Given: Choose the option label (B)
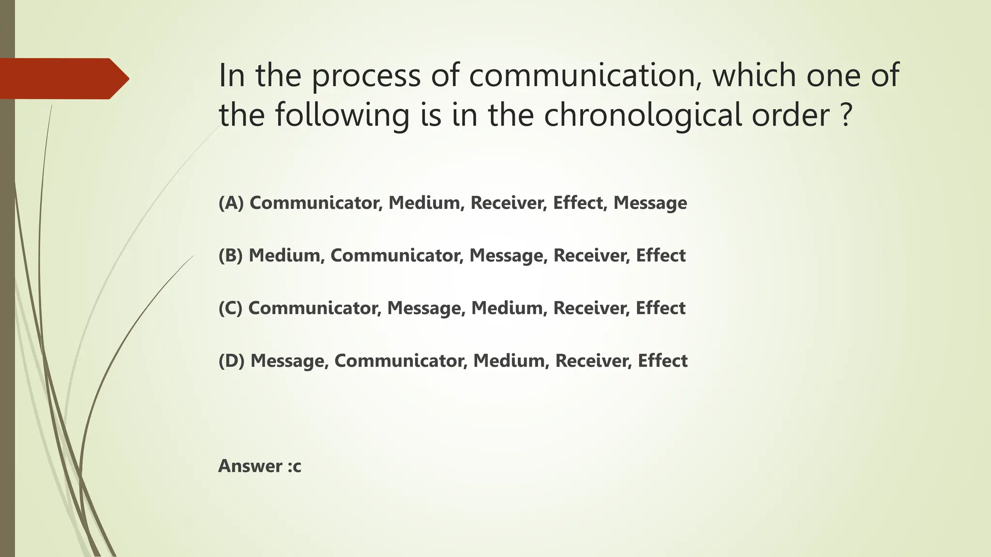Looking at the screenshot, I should click(230, 255).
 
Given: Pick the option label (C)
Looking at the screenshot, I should click(230, 308).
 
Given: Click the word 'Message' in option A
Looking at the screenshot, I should click(650, 203).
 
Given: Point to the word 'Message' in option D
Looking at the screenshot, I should click(289, 361).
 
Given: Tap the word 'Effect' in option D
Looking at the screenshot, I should click(662, 361).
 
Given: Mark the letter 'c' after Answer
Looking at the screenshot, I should click(297, 467).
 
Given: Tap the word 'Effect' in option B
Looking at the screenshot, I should click(661, 255).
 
